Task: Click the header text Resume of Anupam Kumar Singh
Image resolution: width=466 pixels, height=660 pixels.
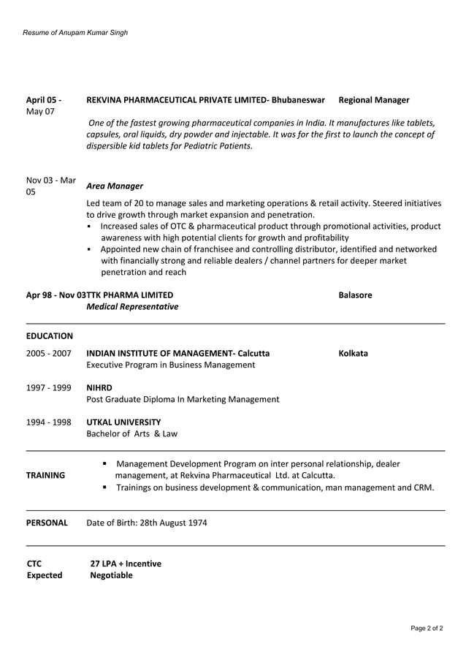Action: (75, 33)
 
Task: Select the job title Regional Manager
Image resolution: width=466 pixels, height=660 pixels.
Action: (374, 100)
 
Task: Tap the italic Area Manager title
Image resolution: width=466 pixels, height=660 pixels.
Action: (115, 186)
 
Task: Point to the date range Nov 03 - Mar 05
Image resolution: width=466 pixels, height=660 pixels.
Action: (50, 186)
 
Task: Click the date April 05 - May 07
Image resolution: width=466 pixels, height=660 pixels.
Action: (44, 106)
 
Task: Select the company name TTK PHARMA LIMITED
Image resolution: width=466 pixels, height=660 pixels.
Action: (130, 295)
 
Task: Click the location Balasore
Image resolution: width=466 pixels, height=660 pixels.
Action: (355, 295)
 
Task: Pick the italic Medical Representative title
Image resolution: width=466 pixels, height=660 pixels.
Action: (132, 307)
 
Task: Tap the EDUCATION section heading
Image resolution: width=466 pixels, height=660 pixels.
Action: (50, 336)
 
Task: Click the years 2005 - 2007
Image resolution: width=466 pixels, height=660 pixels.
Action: (49, 354)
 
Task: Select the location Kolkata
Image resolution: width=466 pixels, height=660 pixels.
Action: (353, 354)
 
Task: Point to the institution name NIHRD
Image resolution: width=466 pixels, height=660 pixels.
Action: (99, 387)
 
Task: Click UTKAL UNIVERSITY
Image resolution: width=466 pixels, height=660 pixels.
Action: (123, 422)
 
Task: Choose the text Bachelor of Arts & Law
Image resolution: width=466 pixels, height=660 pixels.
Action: (131, 434)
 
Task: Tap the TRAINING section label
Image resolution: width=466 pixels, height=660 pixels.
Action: (46, 476)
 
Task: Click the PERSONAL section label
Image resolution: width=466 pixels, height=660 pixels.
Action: (47, 523)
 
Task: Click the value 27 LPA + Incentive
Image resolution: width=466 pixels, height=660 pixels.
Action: (126, 564)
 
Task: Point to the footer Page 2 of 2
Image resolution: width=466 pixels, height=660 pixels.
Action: (427, 628)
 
